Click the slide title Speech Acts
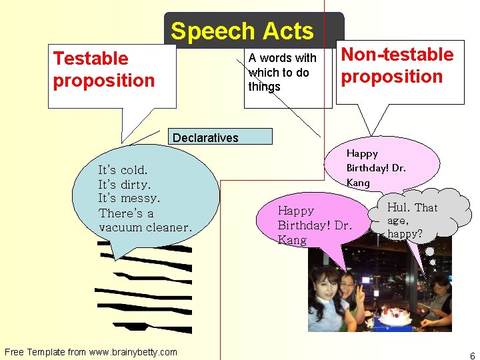coord(242,31)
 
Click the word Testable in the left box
coord(91,59)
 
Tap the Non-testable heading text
coord(397,55)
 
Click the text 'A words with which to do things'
coord(283,72)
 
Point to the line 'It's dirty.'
coord(125,184)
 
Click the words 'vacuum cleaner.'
coord(145,227)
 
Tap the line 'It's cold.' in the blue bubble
coord(123,170)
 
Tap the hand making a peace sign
coord(360,293)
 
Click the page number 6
coord(472,355)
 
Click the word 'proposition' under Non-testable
coord(392,77)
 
